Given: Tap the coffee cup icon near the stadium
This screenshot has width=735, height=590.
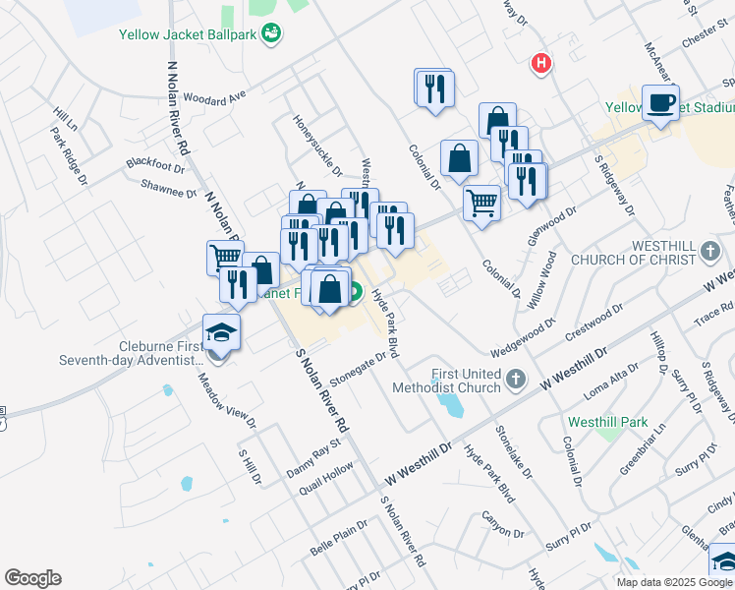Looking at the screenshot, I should pos(660,101).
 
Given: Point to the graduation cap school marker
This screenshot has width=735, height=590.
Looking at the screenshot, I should pos(221,331).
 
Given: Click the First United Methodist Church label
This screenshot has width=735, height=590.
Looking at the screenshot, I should pos(467,381).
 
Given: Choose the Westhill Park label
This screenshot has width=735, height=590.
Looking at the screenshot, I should pos(607,422).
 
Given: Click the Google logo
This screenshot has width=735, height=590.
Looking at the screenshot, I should pos(32,578).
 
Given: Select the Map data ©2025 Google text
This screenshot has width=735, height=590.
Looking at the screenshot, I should pos(673,582).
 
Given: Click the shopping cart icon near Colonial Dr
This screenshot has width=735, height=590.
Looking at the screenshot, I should pos(481,204).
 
